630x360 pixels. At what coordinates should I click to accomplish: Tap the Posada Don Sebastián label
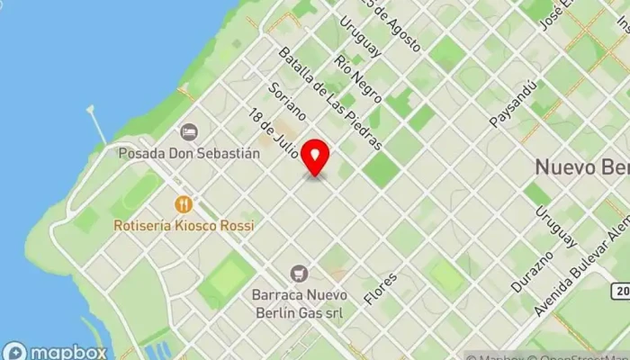pos(189,153)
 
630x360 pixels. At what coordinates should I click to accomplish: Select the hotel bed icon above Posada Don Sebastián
pos(188,132)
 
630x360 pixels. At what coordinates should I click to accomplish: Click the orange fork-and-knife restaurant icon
pos(184,204)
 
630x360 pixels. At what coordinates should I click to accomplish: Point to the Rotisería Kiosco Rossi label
pos(184,225)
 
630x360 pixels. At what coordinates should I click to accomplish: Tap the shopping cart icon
pos(299,273)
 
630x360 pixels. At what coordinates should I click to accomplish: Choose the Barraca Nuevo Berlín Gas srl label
pos(298,303)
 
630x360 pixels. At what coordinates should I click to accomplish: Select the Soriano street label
pos(287,102)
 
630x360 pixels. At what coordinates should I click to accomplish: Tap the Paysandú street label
pos(513,102)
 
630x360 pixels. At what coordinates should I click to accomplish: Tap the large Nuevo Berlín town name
pos(581,167)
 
